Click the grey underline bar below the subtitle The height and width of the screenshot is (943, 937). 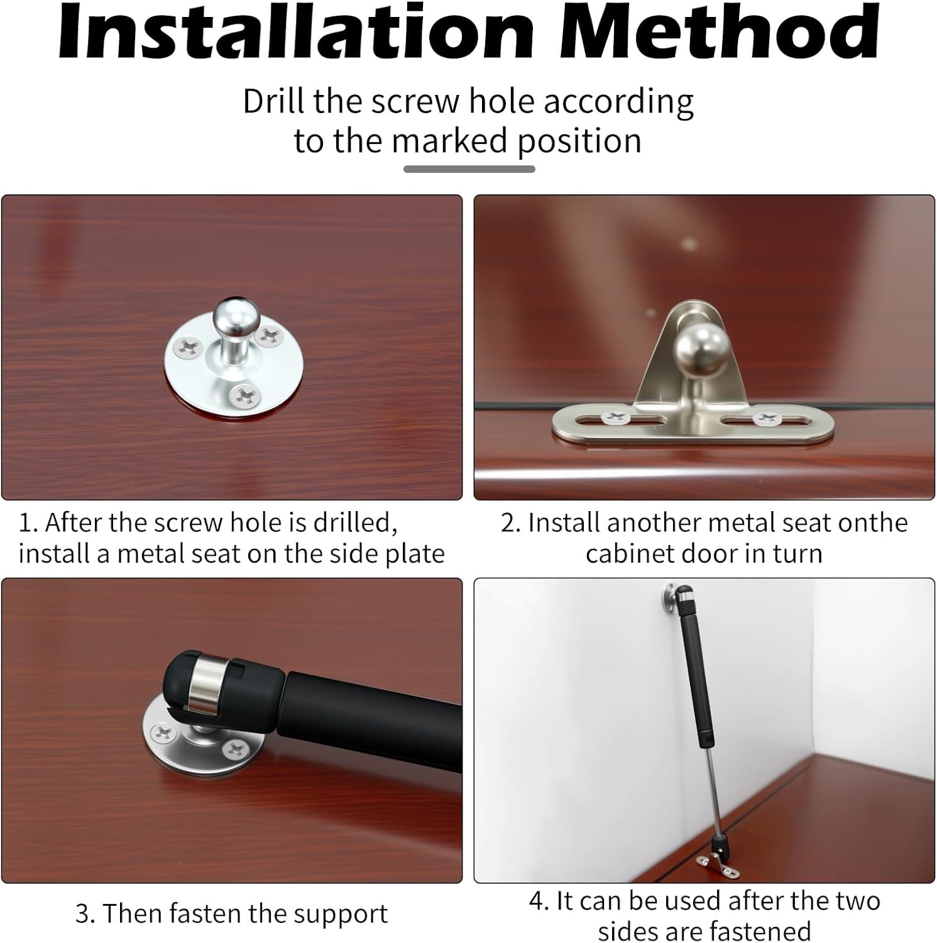pos(469,169)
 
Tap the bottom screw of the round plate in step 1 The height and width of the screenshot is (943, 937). pos(244,395)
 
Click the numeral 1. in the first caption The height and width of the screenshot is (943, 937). pos(28,523)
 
